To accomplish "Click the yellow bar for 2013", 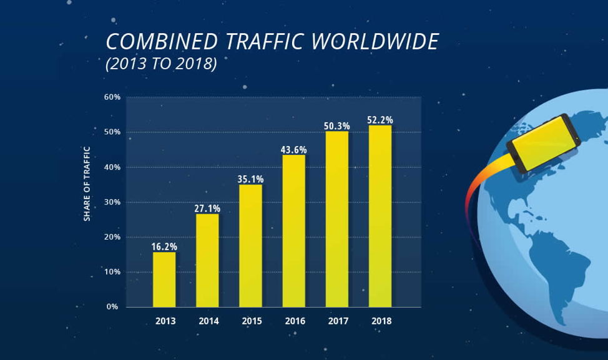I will [x=164, y=279].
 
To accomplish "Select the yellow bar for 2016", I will [x=294, y=230].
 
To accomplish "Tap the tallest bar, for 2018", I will [x=380, y=216].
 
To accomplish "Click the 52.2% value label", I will [x=380, y=120].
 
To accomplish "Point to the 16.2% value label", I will [x=164, y=246].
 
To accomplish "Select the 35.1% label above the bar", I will [x=250, y=179].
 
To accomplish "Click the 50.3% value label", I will [x=337, y=126].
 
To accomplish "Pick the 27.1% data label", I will [x=207, y=208].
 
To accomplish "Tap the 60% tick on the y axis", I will [x=112, y=97].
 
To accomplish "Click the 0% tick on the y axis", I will [x=114, y=307].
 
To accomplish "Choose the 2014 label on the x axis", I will [x=208, y=321].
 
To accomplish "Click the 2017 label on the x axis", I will [x=338, y=321].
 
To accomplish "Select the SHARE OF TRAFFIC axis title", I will [x=87, y=183].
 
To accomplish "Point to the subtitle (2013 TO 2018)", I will [x=161, y=64].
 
